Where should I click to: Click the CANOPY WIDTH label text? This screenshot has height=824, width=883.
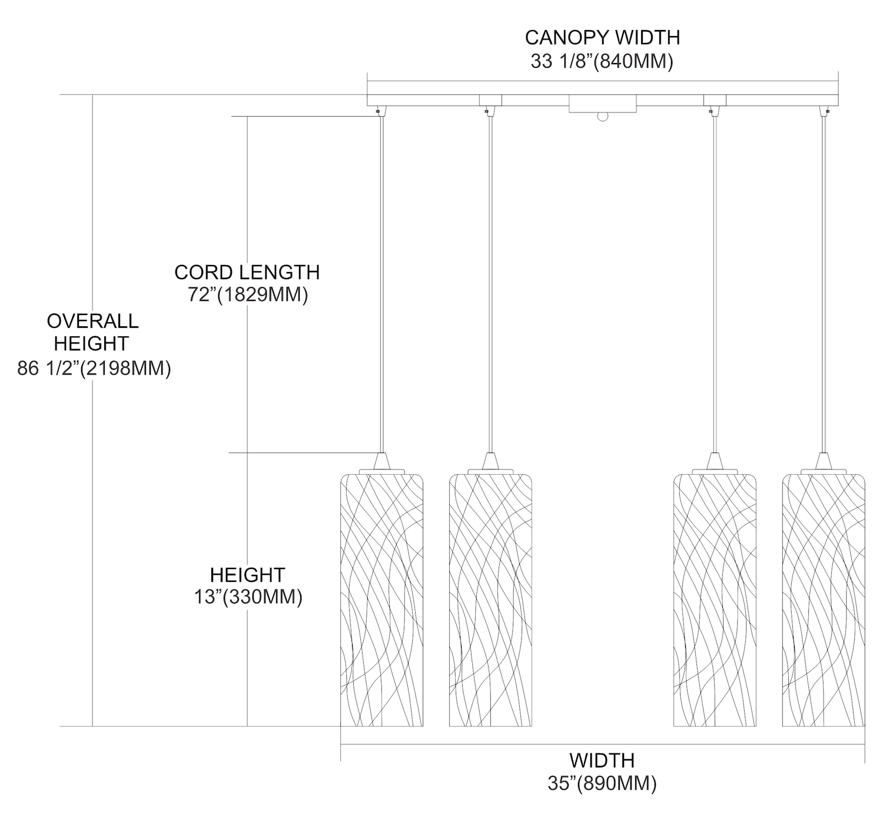click(x=602, y=38)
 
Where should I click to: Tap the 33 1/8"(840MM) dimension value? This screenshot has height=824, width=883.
click(x=602, y=61)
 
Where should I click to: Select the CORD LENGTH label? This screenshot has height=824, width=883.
click(x=247, y=273)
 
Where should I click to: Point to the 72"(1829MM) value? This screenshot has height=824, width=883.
click(x=248, y=294)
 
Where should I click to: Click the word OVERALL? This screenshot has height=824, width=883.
click(x=92, y=321)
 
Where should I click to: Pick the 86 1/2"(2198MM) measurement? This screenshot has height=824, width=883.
click(x=94, y=369)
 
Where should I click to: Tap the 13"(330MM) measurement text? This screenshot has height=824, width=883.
click(x=248, y=597)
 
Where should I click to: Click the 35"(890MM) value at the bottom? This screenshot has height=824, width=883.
click(x=602, y=783)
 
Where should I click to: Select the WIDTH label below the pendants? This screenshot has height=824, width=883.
click(x=602, y=760)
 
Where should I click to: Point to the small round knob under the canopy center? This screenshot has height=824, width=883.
click(x=602, y=117)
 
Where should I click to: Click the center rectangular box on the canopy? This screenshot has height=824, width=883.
click(x=602, y=105)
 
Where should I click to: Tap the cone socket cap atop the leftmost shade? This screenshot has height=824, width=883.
click(x=382, y=460)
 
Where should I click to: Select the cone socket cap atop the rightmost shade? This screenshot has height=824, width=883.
click(x=823, y=460)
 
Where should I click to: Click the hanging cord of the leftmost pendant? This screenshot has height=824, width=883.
click(x=382, y=283)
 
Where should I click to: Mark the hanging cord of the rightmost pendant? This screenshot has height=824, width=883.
click(x=823, y=283)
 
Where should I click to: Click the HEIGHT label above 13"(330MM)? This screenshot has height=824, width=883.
click(x=247, y=575)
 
